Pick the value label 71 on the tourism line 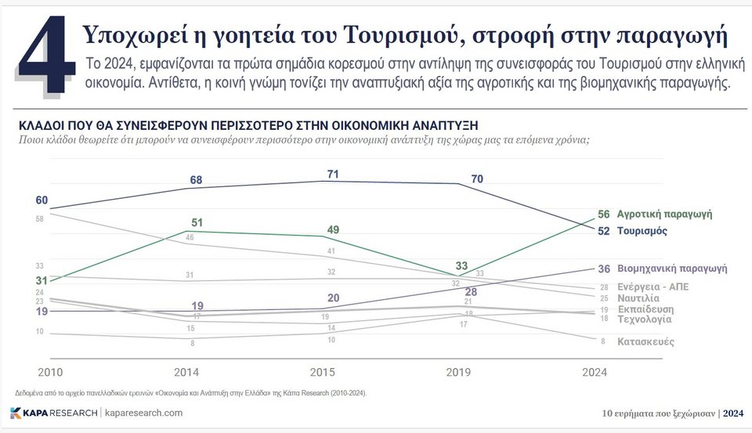click(x=333, y=174)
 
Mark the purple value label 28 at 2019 click(x=471, y=291)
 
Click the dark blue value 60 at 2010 click(x=42, y=200)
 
